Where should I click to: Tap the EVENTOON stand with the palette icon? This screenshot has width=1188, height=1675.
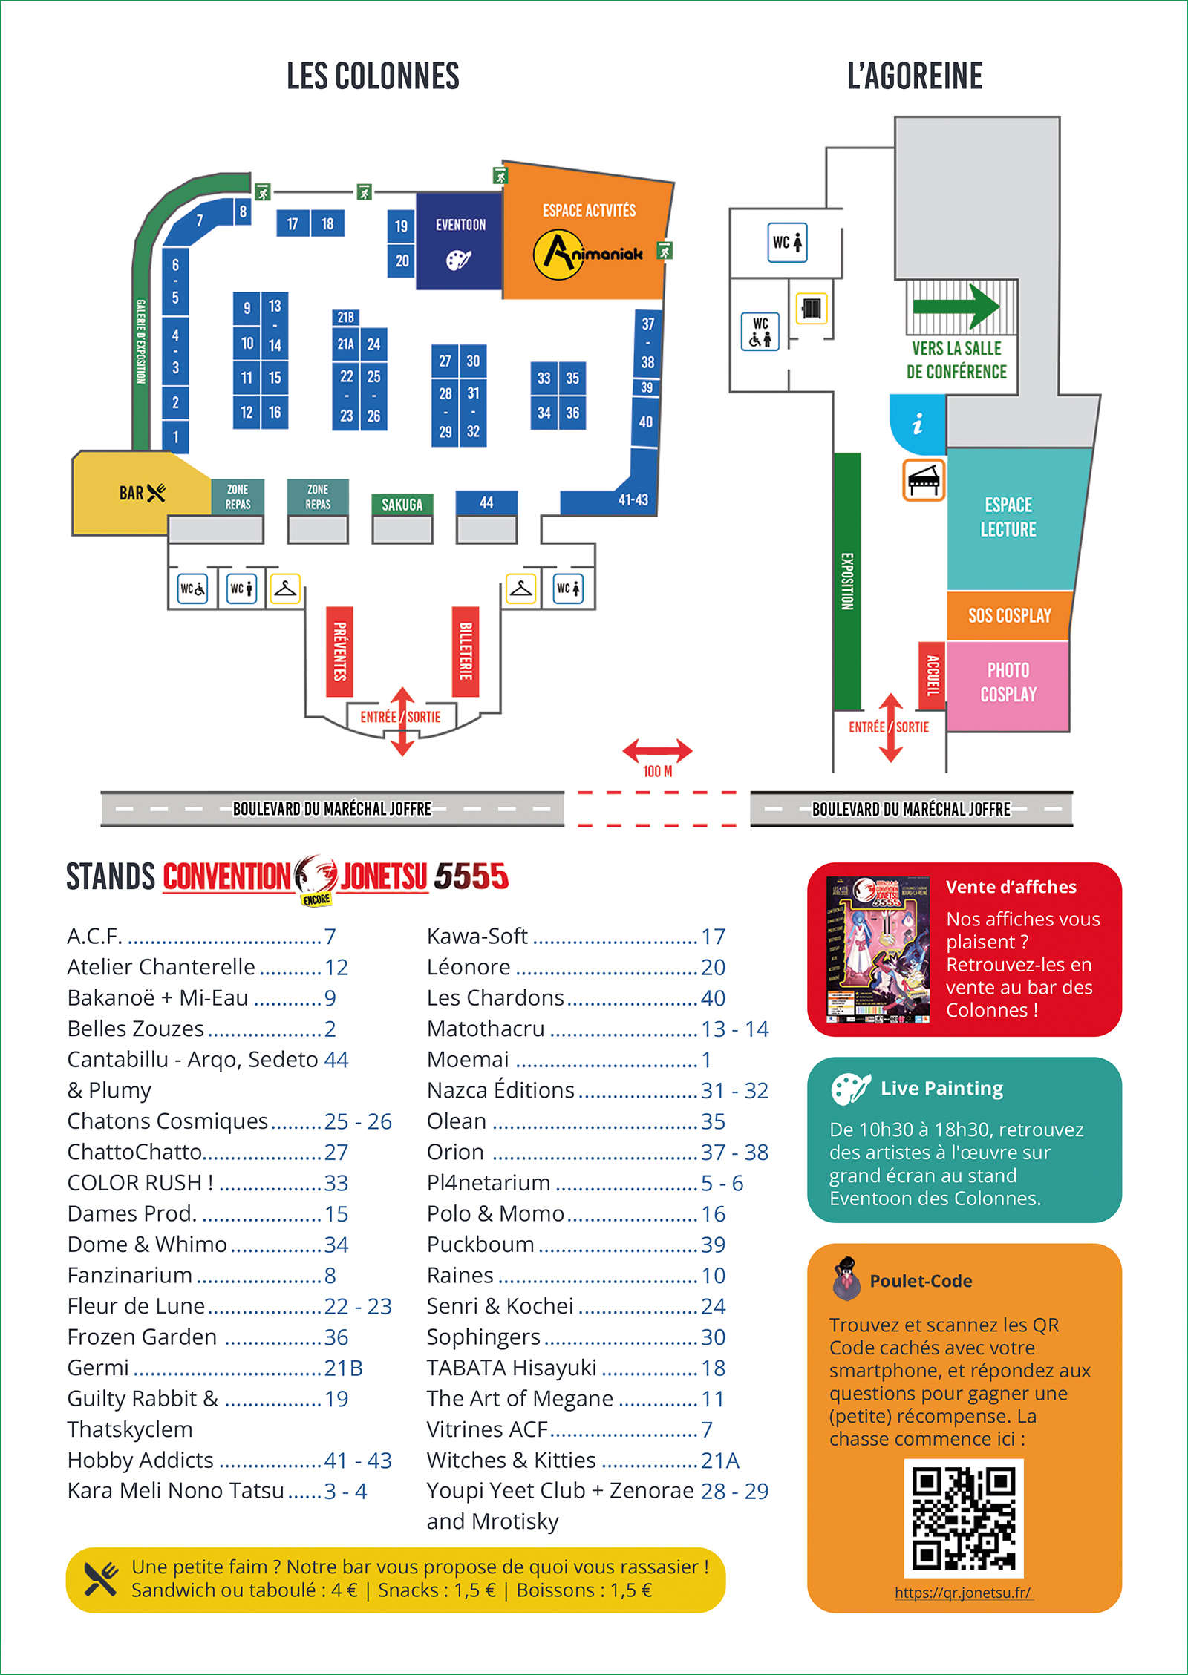pos(459,241)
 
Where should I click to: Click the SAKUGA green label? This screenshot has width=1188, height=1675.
pos(402,505)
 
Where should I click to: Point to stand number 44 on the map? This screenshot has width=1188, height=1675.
pos(486,502)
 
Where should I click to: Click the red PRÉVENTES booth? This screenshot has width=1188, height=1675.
pos(339,652)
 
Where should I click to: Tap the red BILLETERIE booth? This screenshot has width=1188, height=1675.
pos(466,652)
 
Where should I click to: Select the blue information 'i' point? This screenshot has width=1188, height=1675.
pos(918,424)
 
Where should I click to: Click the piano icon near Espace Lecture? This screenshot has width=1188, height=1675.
pos(924,480)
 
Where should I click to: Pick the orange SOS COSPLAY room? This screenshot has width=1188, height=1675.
pos(1009,615)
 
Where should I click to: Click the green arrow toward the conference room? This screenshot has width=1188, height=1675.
pos(956,306)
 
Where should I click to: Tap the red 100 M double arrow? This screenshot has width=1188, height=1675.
pos(657,751)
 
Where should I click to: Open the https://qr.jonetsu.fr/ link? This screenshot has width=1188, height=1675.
pos(963,1593)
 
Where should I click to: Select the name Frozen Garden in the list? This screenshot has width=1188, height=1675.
pos(142,1337)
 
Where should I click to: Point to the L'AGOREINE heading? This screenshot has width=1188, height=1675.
pos(915,76)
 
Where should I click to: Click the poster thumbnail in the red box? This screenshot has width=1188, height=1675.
pos(878,949)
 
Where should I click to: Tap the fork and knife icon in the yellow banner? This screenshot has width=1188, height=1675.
pos(101,1579)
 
